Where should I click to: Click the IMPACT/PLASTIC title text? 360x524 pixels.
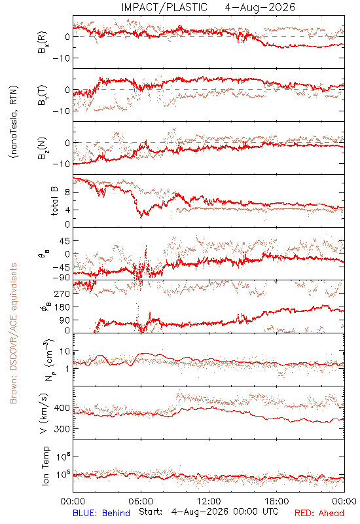[164, 7]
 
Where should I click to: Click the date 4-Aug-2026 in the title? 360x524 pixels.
[260, 7]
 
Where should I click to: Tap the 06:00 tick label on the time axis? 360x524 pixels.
[141, 501]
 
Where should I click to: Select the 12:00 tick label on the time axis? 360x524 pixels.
[209, 501]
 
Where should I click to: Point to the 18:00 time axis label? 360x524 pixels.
[277, 501]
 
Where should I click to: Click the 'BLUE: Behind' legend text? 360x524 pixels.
[101, 513]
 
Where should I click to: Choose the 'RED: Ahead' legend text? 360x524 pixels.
[319, 513]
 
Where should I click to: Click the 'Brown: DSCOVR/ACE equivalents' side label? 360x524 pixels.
[13, 333]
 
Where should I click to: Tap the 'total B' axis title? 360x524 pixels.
[54, 201]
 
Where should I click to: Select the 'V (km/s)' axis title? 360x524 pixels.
[44, 413]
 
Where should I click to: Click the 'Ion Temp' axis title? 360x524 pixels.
[45, 466]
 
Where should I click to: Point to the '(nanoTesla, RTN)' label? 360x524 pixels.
[14, 122]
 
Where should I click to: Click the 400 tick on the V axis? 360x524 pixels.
[62, 407]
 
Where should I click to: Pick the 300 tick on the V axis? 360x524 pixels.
[62, 429]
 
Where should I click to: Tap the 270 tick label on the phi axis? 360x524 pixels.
[62, 293]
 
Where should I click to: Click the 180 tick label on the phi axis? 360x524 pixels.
[62, 307]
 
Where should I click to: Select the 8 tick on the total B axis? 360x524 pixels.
[67, 193]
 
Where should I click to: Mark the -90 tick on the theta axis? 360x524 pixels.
[61, 277]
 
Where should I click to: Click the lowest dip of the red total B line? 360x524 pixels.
[141, 217]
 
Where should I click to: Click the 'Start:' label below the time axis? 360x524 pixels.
[151, 512]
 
